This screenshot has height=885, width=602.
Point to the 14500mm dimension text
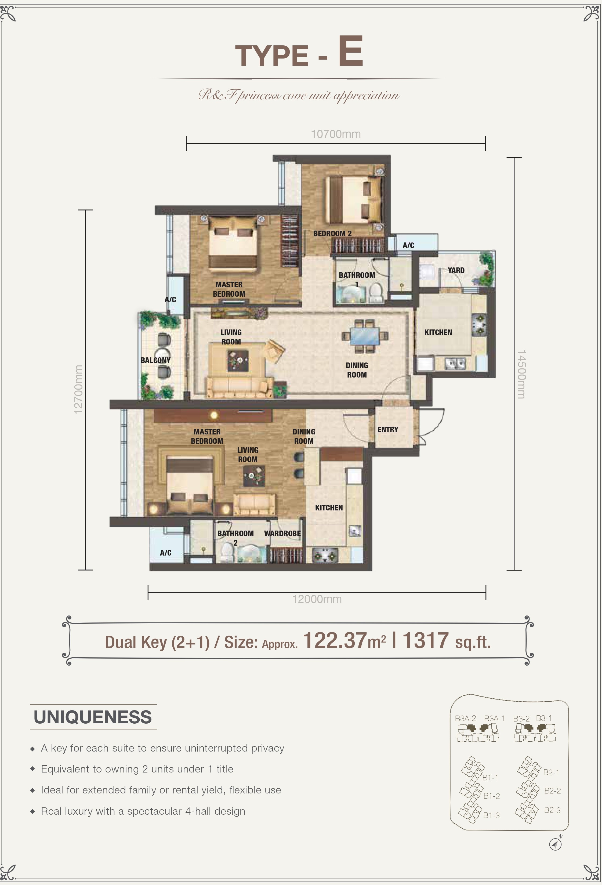(521, 374)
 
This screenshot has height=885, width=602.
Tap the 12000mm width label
(317, 599)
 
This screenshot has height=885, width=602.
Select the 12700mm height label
(78, 389)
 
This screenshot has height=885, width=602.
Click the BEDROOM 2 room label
(332, 233)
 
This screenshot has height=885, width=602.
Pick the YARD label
(456, 270)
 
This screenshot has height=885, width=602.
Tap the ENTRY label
(388, 430)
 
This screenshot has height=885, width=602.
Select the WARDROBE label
(282, 534)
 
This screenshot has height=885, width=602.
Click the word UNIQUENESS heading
(93, 717)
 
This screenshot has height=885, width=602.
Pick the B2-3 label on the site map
(552, 810)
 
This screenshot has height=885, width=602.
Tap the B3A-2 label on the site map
(465, 719)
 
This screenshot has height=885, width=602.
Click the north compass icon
(556, 844)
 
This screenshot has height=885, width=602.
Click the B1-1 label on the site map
(490, 778)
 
